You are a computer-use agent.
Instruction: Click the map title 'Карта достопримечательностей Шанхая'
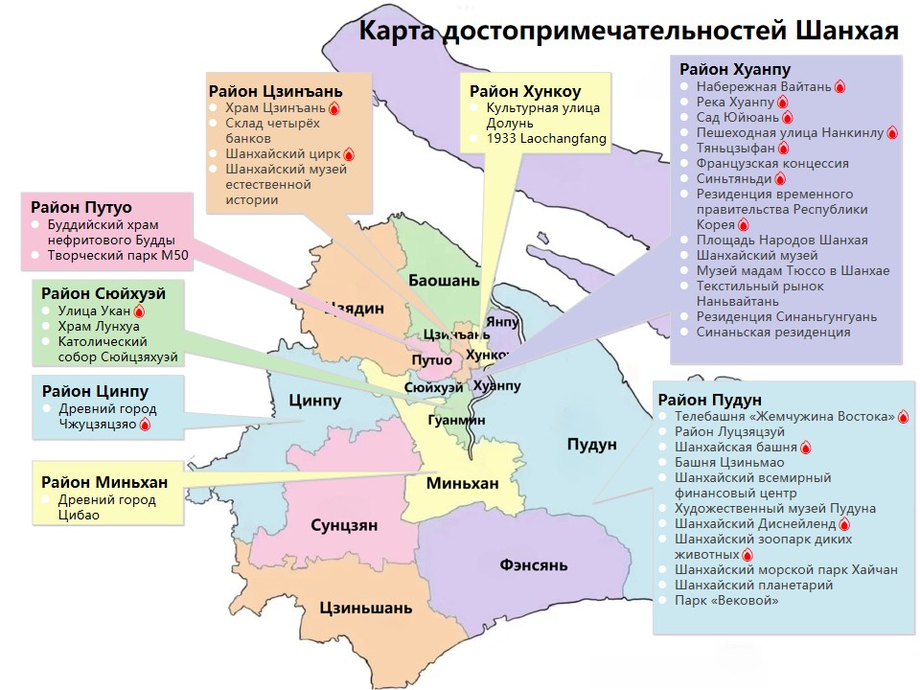click(x=628, y=31)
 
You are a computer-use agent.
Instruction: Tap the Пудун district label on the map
click(x=591, y=444)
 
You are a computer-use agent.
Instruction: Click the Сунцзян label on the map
click(x=344, y=525)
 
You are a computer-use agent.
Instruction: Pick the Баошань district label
click(x=443, y=282)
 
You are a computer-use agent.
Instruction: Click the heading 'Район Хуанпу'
click(x=735, y=69)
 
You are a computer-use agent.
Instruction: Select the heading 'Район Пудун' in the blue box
click(x=709, y=399)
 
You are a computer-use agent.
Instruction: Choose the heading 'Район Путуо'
click(x=81, y=207)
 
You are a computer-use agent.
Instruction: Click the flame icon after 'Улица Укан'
click(x=139, y=311)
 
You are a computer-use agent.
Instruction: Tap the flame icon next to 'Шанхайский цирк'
click(x=349, y=154)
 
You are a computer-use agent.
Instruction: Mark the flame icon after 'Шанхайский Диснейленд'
click(x=844, y=524)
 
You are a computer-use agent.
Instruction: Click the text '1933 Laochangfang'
click(x=546, y=139)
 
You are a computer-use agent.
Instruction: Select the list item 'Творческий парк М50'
click(x=109, y=256)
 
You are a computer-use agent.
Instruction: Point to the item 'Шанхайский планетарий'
click(x=753, y=585)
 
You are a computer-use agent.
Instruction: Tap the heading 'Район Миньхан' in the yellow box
click(x=103, y=481)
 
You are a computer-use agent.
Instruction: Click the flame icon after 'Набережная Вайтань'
click(x=839, y=87)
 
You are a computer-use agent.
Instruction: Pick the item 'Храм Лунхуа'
click(x=99, y=326)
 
